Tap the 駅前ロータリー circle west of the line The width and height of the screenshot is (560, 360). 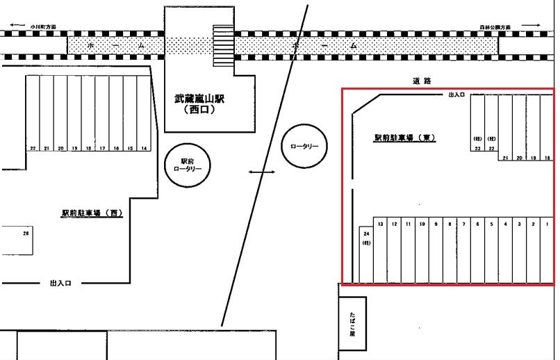186,164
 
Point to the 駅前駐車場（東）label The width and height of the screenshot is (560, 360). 404,138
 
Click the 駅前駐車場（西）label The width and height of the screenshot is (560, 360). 91,213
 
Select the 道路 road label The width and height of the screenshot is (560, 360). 422,81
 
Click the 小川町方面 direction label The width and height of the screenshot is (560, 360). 43,27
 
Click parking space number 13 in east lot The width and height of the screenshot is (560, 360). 381,250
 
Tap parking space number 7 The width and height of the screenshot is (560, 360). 463,250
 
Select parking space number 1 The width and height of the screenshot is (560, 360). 547,250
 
